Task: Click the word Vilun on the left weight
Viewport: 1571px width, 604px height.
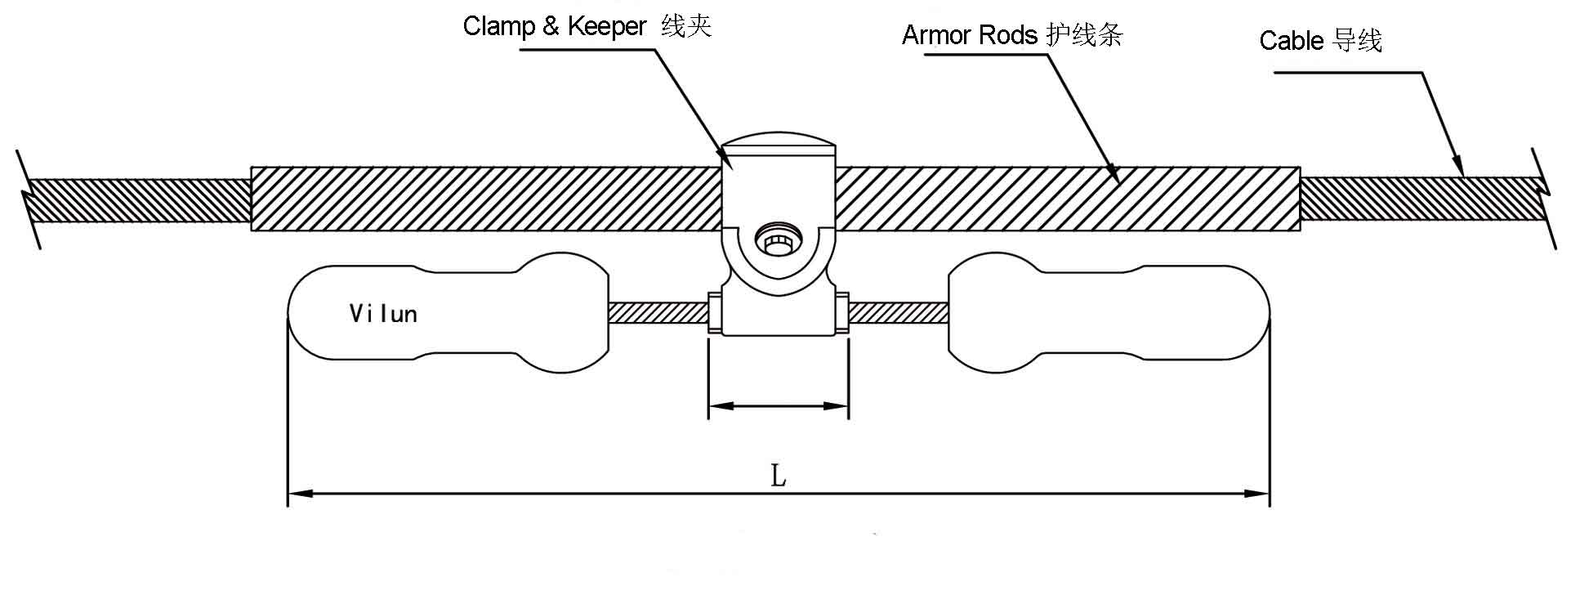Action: coord(383,314)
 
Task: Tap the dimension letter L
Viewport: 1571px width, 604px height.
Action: coord(779,475)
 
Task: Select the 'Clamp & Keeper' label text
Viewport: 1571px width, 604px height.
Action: coord(555,26)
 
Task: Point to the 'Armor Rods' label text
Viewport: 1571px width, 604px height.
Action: coord(970,35)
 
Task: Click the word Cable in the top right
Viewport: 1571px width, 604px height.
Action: coord(1291,41)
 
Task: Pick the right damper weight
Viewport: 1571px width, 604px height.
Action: coord(1109,311)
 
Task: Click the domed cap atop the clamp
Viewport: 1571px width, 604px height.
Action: coord(779,144)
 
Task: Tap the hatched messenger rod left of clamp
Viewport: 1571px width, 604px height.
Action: coord(658,312)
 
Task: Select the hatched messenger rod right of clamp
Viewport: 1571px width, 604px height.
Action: coord(899,312)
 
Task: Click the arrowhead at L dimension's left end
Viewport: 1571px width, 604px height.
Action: coord(299,493)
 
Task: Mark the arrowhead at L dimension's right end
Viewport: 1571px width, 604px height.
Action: coord(1258,493)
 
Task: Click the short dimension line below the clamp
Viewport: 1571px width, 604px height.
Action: coord(779,405)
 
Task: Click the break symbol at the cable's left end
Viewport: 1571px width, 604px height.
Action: coord(29,199)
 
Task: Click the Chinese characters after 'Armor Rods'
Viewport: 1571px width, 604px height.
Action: coord(1084,35)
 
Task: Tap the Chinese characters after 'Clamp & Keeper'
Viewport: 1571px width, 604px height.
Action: coord(686,26)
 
